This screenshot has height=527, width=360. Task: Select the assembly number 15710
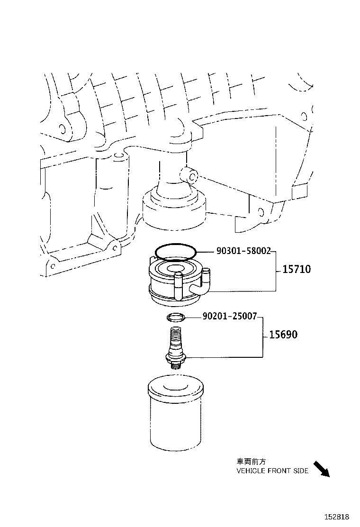tap(297, 270)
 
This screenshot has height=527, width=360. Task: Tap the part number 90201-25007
tap(229, 316)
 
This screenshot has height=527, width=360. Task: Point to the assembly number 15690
tap(283, 335)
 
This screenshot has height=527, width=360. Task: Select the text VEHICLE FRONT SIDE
tap(272, 471)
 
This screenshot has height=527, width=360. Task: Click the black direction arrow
tap(322, 469)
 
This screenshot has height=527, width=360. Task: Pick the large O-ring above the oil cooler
tap(175, 252)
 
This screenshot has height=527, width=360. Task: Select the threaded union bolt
tap(175, 346)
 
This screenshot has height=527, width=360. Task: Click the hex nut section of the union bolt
tap(175, 357)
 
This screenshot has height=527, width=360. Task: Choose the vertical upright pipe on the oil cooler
tap(178, 287)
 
